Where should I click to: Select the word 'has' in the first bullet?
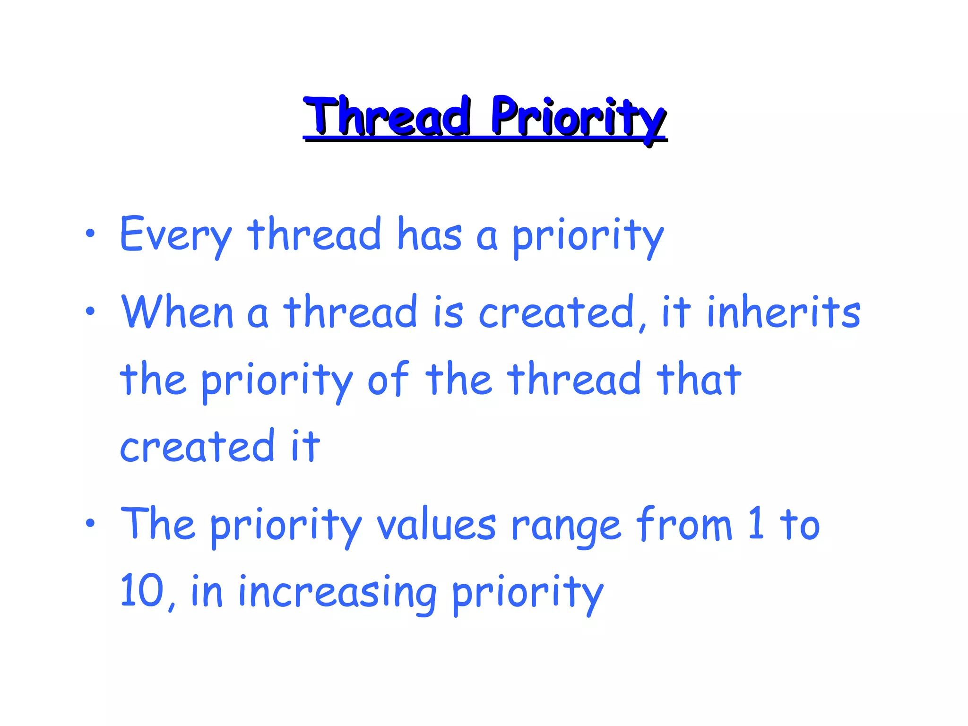(429, 234)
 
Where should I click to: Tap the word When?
(178, 312)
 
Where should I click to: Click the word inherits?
(784, 312)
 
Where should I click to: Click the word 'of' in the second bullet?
(388, 379)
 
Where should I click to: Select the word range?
(565, 526)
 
